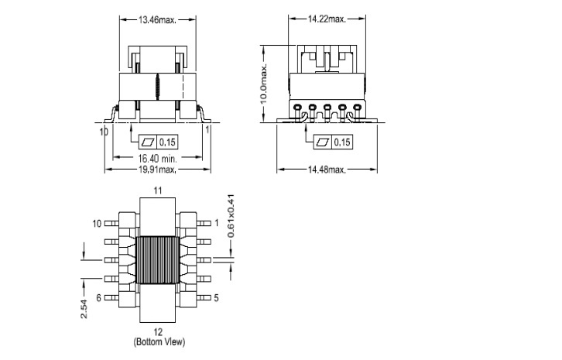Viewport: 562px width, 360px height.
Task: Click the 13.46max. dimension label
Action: coord(157,19)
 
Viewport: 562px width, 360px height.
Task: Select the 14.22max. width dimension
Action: coord(327,19)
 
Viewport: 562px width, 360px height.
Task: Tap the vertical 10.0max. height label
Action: coord(264,84)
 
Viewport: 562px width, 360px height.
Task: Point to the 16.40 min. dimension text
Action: coord(158,158)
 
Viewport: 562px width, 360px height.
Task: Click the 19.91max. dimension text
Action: coord(157,170)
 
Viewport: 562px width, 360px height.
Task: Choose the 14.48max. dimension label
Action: coord(327,170)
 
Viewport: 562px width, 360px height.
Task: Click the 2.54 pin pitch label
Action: coord(84,309)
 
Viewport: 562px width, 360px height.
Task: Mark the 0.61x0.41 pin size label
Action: coord(231,216)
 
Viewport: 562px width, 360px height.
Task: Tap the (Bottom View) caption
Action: coord(159,341)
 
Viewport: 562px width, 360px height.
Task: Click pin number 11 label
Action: coord(158,190)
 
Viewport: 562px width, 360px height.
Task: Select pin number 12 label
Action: coord(158,331)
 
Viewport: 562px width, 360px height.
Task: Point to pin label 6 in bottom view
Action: coord(98,298)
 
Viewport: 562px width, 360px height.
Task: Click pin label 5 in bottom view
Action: coord(216,297)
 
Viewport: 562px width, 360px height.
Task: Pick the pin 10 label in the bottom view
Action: coord(97,224)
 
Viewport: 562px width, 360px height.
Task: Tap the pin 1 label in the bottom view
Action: coord(217,224)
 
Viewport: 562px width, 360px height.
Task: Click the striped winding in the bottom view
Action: coord(158,260)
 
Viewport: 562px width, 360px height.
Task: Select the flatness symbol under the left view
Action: coord(148,142)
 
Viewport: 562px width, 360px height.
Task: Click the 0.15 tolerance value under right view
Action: coord(342,142)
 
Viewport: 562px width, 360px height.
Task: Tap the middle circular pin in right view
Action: coord(327,107)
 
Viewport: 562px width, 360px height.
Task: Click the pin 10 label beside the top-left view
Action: coord(104,132)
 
